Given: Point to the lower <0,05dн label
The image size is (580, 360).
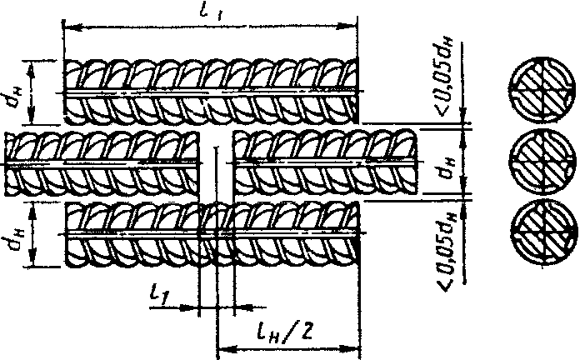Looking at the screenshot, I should coord(443,238).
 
